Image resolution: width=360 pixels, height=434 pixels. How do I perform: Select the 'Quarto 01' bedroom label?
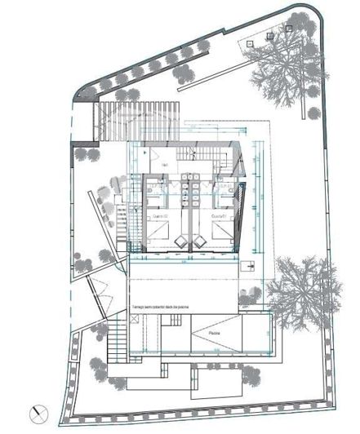pyautogui.click(x=218, y=216)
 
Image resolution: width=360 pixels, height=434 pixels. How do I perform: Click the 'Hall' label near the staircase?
pyautogui.click(x=164, y=166)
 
